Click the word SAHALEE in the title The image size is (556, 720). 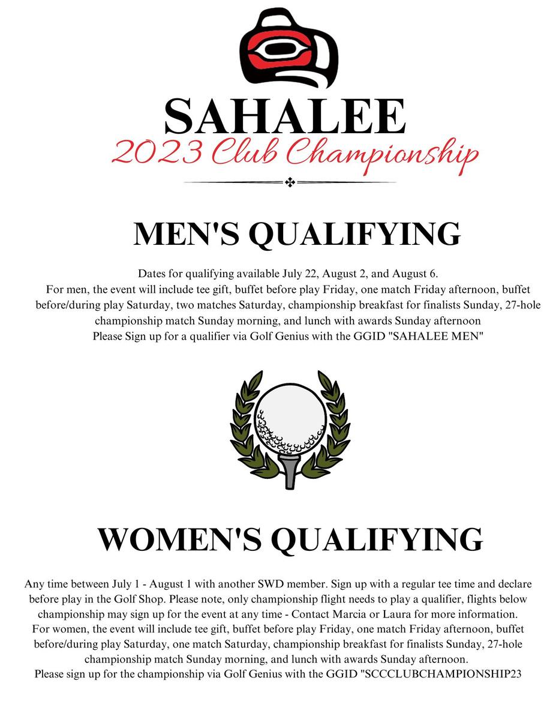tap(285, 116)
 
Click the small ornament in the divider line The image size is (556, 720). tap(290, 182)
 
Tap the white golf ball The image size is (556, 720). tap(290, 419)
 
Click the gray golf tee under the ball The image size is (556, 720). tap(290, 471)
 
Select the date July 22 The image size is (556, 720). tap(300, 274)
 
